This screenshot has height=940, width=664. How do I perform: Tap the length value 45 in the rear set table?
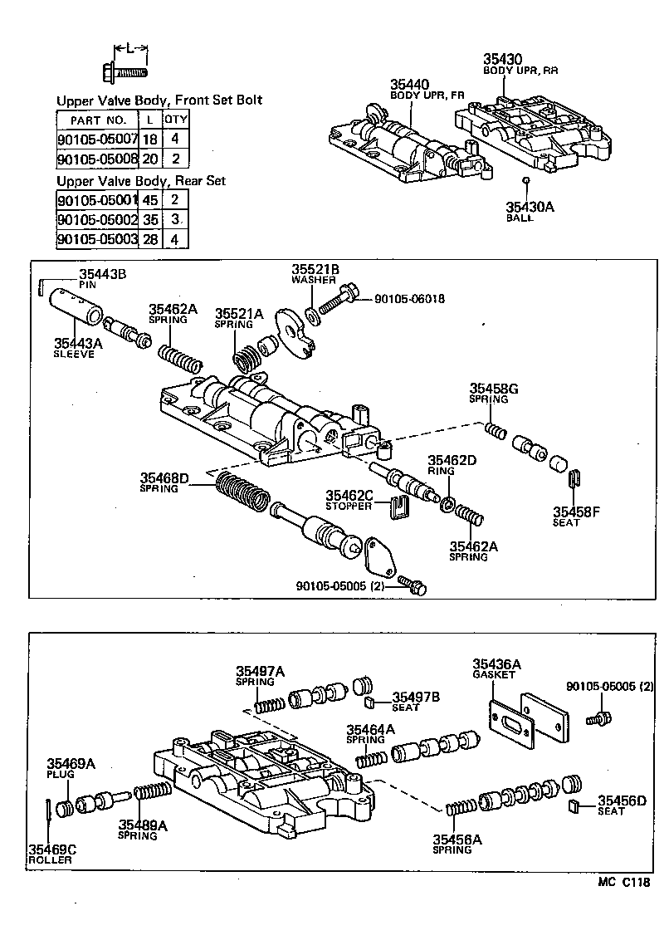point(150,200)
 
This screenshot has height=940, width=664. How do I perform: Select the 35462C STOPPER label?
point(350,500)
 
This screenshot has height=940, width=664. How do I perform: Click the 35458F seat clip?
point(574,479)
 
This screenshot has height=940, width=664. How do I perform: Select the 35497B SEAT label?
point(415,702)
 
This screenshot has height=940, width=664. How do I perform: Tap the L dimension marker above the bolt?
point(129,48)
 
